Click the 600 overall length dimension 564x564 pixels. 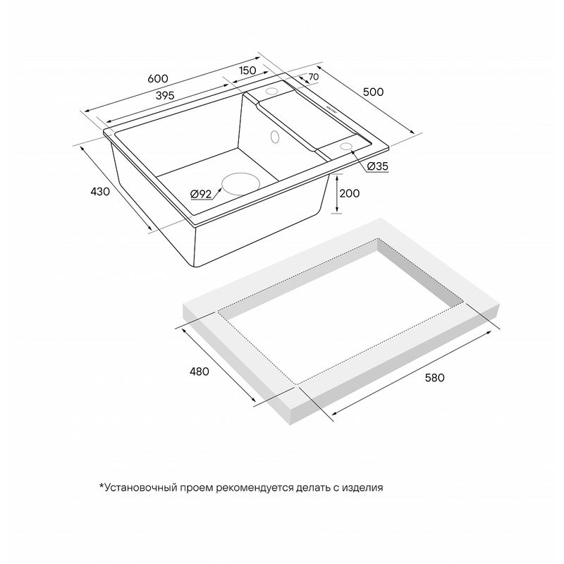tap(157, 78)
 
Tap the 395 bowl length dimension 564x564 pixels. tap(165, 95)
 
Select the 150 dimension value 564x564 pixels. tap(247, 70)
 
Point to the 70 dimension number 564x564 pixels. tap(313, 77)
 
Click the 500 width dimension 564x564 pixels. tap(373, 92)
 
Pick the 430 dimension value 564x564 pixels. tap(100, 192)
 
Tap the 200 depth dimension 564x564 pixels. tap(349, 193)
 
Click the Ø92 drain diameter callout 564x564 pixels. tap(201, 195)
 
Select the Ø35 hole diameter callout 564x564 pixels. tap(378, 166)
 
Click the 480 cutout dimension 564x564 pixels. tap(199, 372)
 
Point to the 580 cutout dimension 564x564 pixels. tap(434, 378)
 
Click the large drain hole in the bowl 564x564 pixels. tap(240, 184)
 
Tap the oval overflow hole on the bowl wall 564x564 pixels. tap(274, 137)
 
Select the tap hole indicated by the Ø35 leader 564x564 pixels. tap(345, 146)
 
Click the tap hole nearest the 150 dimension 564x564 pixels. tap(271, 91)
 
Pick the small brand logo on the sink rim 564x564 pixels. tap(331, 109)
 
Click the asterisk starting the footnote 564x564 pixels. tap(102, 486)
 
